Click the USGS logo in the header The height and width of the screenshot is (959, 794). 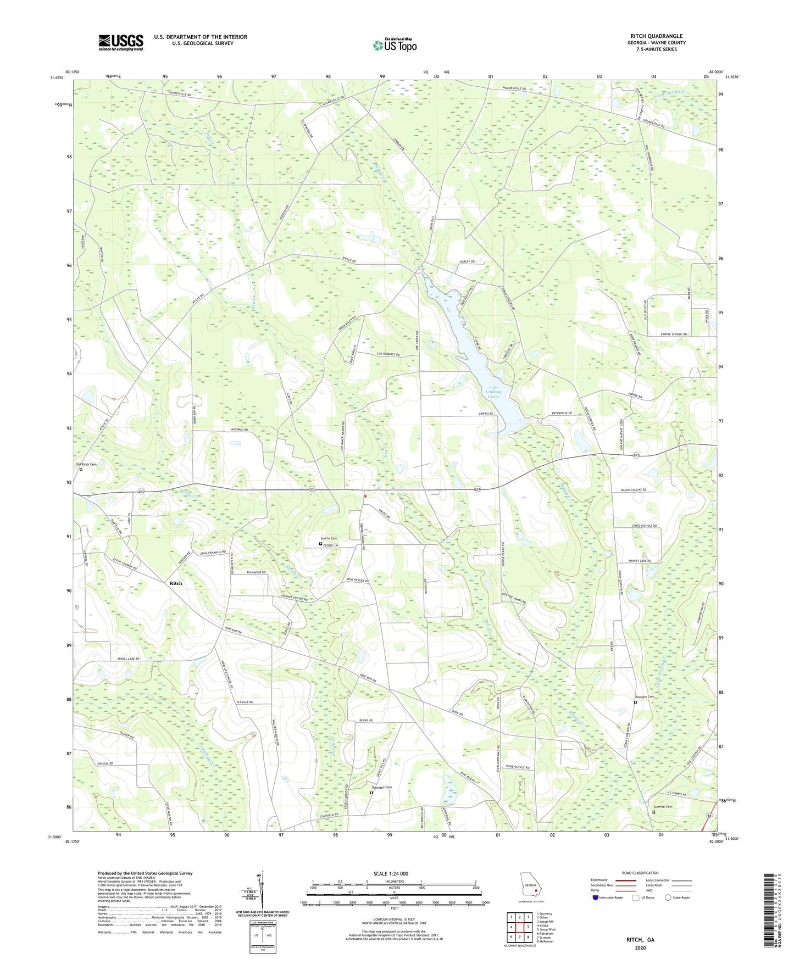pos(121,42)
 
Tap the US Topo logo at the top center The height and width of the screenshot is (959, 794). pos(395,45)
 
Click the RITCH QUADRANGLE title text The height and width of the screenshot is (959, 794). pos(656,36)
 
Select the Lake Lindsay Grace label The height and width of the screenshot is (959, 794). pos(495,392)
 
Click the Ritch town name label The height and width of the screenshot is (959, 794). pos(175,583)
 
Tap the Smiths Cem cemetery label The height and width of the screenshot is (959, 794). pos(329,538)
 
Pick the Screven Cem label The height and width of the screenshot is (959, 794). pos(662,807)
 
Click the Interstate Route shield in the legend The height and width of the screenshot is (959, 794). pos(597,897)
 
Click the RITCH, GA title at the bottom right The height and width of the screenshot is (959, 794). pos(640,940)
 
